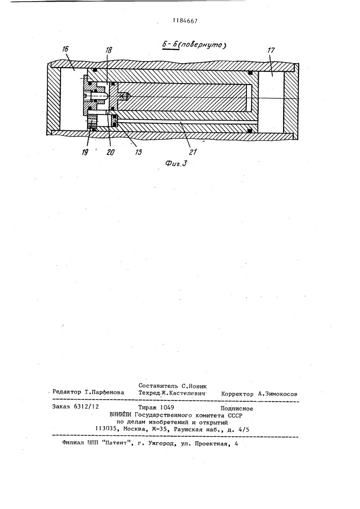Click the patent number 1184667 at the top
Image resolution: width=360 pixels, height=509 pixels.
click(x=185, y=21)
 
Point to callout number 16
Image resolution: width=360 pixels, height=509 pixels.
click(x=65, y=49)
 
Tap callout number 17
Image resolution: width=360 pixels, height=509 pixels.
click(x=271, y=50)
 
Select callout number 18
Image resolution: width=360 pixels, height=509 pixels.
click(x=108, y=50)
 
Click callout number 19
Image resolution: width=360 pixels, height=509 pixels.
click(x=85, y=152)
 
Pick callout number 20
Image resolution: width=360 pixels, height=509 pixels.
click(x=110, y=152)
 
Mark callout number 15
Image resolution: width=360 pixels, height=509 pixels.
click(x=139, y=152)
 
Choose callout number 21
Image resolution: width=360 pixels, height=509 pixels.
click(x=193, y=152)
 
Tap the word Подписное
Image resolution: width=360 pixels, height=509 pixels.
click(x=237, y=409)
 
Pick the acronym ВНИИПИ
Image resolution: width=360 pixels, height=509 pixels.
click(x=121, y=414)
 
